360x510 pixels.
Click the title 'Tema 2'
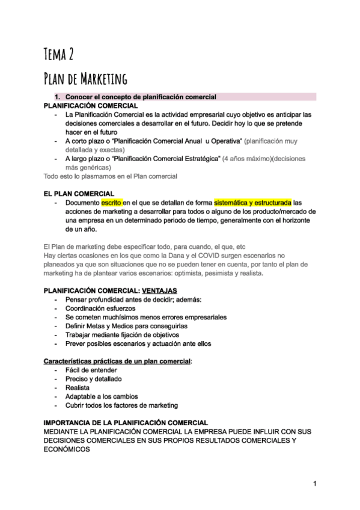click(x=59, y=55)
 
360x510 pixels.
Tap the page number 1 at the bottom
click(x=314, y=484)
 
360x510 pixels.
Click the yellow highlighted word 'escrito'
click(x=111, y=203)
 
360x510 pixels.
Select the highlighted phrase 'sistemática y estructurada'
click(x=253, y=203)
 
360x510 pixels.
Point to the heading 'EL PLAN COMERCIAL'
click(x=79, y=194)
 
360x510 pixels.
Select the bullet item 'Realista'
click(x=78, y=388)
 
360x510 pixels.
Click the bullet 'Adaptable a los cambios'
click(x=102, y=396)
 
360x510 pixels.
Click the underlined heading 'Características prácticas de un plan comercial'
click(x=117, y=361)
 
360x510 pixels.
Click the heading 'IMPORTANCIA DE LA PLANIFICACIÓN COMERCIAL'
click(x=126, y=423)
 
